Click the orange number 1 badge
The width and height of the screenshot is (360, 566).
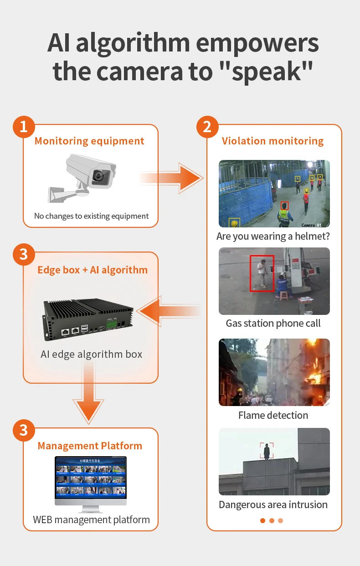pos(24,127)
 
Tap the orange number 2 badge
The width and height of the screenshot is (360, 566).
pos(207,127)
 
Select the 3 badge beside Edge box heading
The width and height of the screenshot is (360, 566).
pos(24,254)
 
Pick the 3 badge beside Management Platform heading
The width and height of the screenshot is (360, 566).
pos(24,430)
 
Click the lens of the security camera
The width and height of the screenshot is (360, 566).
pos(98,176)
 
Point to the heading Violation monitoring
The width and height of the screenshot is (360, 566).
pos(273,141)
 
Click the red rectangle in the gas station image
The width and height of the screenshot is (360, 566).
pos(262,273)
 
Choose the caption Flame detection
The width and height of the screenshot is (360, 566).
pos(273,415)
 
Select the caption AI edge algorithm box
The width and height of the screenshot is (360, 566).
pos(91,354)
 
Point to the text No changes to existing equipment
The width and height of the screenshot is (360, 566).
pos(91,216)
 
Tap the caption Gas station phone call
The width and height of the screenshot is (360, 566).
pos(273,324)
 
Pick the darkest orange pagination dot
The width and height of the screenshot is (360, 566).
pos(262,520)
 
